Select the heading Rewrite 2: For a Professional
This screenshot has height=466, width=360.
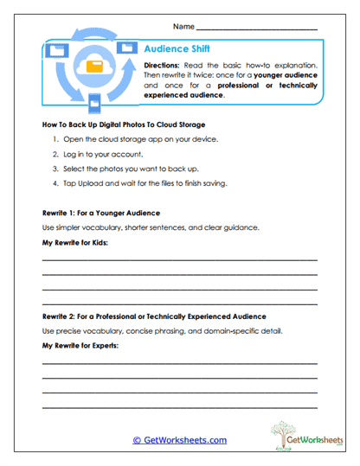point(153,316)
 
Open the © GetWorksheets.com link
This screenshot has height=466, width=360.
point(179,440)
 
